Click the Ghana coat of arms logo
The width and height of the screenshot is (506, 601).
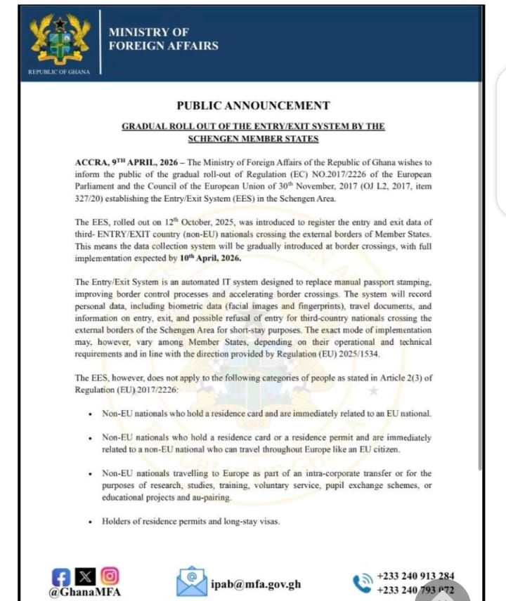(60, 39)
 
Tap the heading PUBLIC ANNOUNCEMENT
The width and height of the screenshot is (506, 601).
(253, 106)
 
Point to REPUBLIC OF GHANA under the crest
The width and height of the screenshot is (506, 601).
(59, 73)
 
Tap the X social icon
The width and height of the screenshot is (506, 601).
(86, 576)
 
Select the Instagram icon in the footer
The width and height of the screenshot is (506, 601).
(108, 576)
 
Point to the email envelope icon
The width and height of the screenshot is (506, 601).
(191, 581)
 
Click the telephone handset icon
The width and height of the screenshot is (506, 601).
(363, 583)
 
